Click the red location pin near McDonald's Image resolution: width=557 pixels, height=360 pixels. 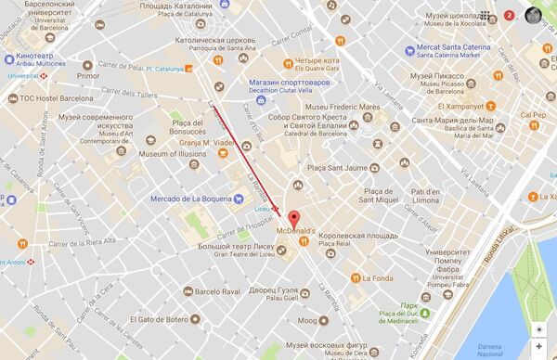point(294,219)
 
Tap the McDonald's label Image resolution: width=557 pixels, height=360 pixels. point(297,231)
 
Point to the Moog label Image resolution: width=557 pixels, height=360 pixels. point(305,321)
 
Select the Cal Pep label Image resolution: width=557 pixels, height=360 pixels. point(532,116)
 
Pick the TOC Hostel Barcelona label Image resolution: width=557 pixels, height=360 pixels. point(52,97)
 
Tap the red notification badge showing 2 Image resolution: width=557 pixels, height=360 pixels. point(509,16)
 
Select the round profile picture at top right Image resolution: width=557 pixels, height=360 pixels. point(534,15)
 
